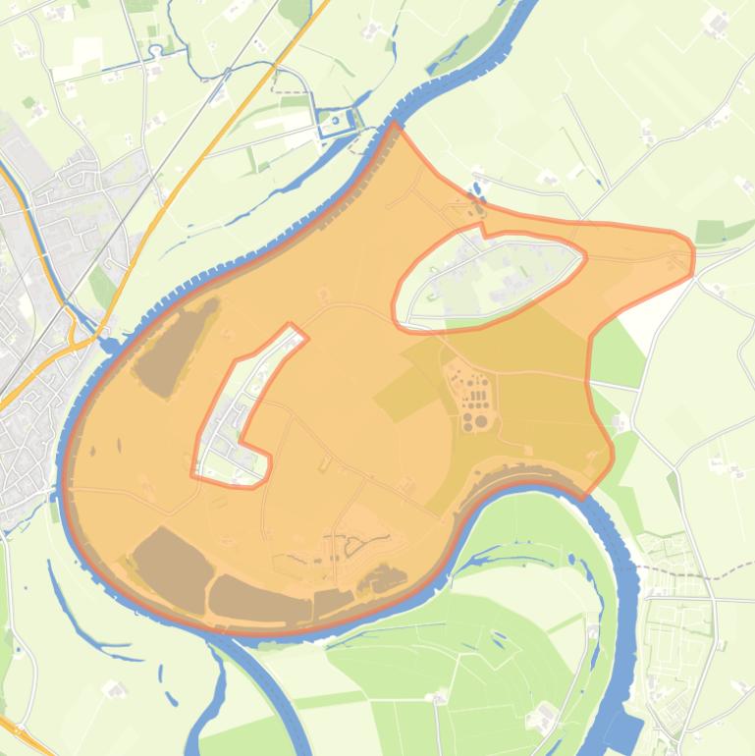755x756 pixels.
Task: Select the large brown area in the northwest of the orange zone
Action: point(174,345)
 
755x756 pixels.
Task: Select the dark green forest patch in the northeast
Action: point(722,232)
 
